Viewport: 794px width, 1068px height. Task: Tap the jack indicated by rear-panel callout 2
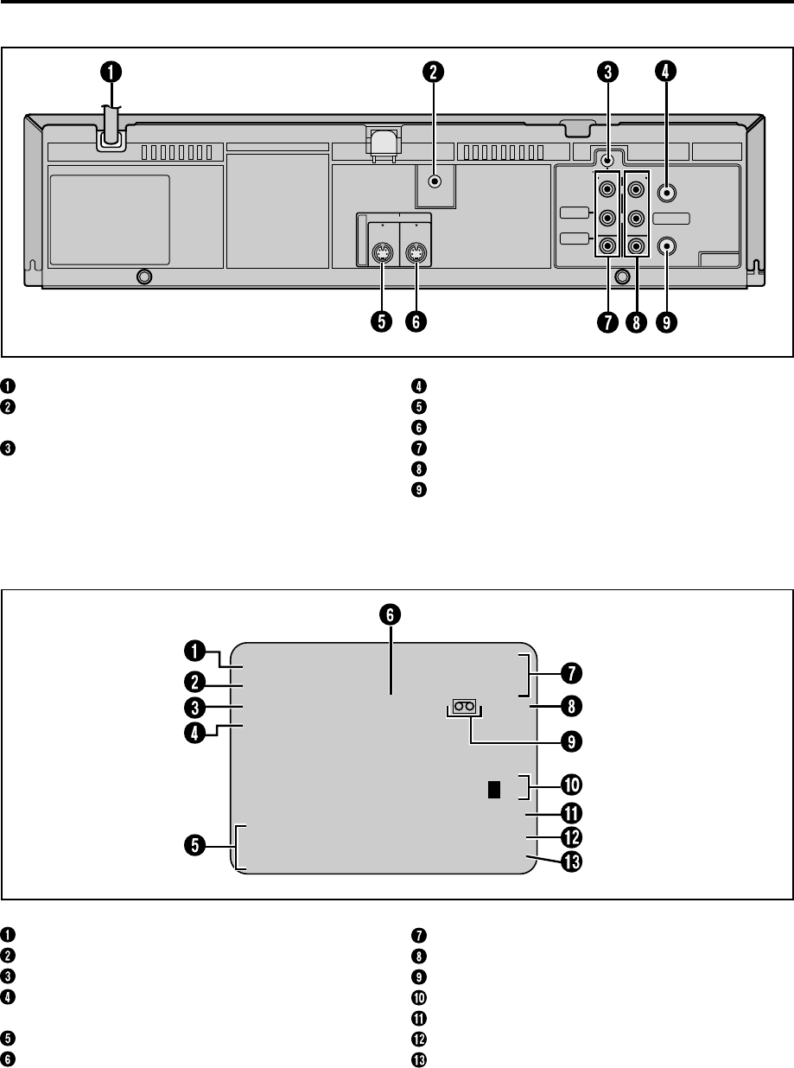tap(435, 181)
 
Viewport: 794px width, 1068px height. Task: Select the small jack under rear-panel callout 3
tap(608, 159)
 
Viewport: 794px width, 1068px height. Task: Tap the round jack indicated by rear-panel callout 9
tap(666, 246)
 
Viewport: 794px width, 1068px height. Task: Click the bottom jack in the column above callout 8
tap(638, 246)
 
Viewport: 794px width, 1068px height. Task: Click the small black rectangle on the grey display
tap(492, 789)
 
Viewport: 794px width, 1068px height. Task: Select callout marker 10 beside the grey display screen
tap(570, 785)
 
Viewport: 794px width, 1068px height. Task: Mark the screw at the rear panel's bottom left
tap(144, 277)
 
